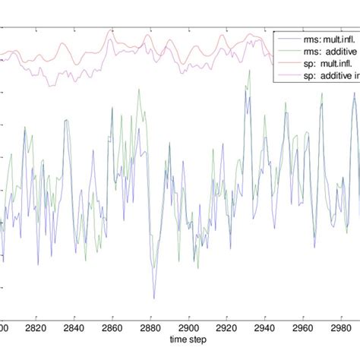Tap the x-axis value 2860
coord(112,328)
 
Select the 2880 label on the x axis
coord(150,328)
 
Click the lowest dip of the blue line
coord(154,298)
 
